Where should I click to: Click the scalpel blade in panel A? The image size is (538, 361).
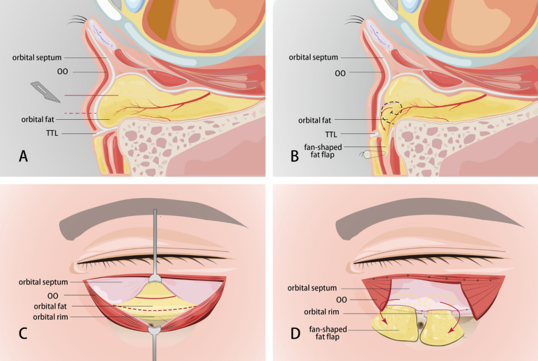pos(45,92)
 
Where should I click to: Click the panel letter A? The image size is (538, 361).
pos(23,156)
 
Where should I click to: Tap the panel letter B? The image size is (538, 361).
pos(295,156)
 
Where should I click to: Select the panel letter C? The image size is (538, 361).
pos(23,333)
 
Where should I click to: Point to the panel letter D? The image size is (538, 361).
pos(295,333)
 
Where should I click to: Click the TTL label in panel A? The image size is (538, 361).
pos(52,133)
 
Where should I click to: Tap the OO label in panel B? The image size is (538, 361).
pos(340,73)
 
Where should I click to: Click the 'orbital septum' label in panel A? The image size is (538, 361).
pos(37,57)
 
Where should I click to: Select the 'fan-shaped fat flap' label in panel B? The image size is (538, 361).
pos(323,151)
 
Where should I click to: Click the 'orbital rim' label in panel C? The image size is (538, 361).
pos(51,317)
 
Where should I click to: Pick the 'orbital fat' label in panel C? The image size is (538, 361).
pos(51,306)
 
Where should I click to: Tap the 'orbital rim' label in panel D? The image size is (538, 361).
pos(321,312)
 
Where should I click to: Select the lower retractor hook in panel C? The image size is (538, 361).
pos(155,343)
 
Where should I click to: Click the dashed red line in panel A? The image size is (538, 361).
pos(81,113)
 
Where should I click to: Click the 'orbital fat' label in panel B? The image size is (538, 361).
pos(315,120)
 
